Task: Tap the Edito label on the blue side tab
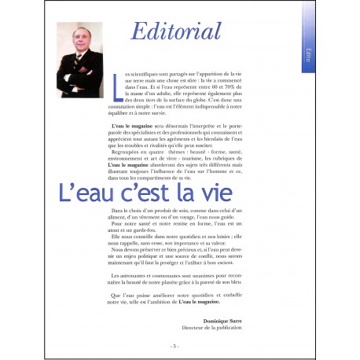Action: click(x=311, y=54)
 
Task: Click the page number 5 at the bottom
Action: click(x=174, y=345)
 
